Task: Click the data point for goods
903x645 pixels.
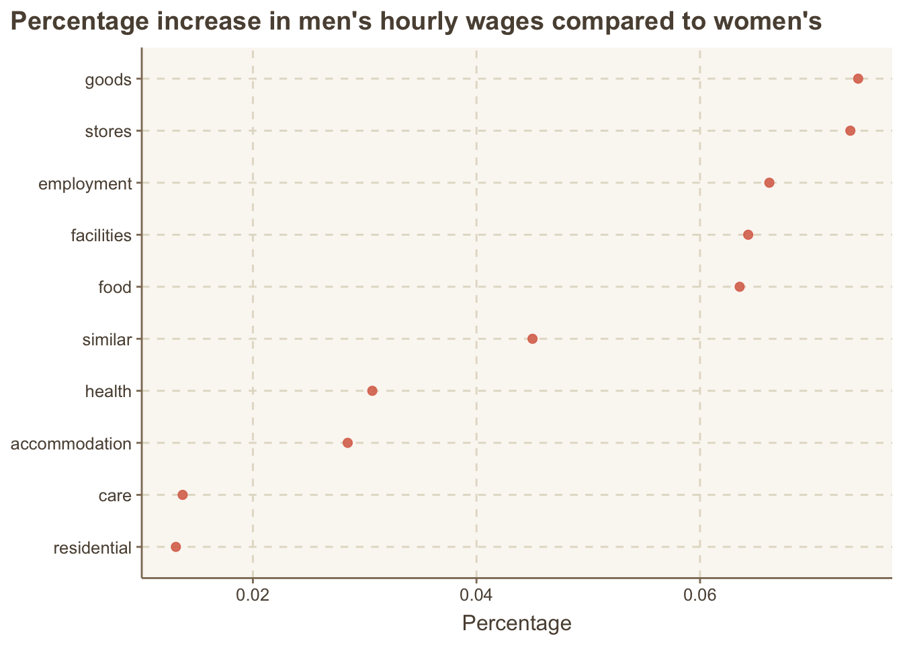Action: pos(858,79)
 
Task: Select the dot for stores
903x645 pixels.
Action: pos(850,130)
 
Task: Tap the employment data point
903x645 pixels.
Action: pos(769,183)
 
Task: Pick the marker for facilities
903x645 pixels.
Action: pos(748,234)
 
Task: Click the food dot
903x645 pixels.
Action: pos(740,287)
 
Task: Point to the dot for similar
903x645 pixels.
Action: pos(532,339)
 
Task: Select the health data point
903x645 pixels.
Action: pos(372,391)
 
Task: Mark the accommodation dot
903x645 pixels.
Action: pos(347,443)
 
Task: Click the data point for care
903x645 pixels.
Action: pos(182,495)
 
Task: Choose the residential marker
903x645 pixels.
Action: pos(176,547)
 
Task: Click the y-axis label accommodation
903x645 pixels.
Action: pos(71,444)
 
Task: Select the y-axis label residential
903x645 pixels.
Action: pos(92,548)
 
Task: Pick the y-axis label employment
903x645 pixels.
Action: pos(85,184)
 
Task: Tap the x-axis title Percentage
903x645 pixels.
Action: pos(517,623)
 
